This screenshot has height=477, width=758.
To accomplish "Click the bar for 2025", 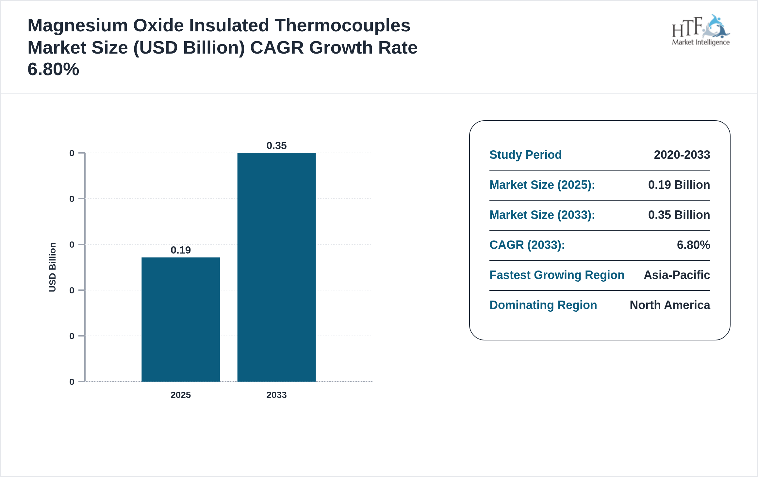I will (181, 319).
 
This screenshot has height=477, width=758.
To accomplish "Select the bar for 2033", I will (276, 267).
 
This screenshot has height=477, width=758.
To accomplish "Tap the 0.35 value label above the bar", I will (276, 145).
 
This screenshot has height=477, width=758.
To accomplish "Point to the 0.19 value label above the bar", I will (181, 250).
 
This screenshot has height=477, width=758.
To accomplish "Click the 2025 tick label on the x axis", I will (181, 395).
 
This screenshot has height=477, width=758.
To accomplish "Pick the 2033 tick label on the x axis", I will (276, 395).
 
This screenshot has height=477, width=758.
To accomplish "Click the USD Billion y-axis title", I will (53, 267).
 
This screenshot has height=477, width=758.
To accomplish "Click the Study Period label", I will (525, 155).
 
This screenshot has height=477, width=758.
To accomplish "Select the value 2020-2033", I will (682, 155).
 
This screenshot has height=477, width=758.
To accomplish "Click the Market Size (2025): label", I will (542, 185).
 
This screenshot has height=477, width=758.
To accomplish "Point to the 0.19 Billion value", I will (679, 185).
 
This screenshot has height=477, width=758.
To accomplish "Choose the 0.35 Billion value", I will (679, 215).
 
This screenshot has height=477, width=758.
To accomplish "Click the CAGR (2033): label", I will (527, 245).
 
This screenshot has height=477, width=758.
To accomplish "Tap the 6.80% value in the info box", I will (693, 245).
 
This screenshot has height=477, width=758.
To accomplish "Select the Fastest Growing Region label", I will (557, 275).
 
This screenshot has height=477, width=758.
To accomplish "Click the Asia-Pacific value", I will (677, 275).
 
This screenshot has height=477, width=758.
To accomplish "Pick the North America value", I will (670, 305).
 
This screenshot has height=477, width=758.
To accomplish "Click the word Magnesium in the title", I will (77, 25).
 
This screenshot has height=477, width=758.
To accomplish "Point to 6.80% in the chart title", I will (53, 69).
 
